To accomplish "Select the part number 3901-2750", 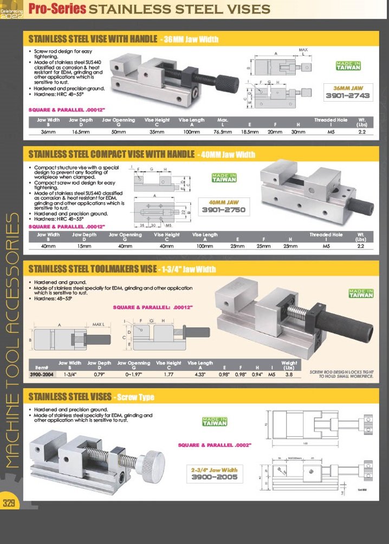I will click(224, 209).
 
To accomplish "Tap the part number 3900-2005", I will click(214, 477).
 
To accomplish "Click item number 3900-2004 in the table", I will click(42, 374).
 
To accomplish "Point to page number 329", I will click(9, 503).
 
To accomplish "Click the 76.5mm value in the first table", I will click(223, 131).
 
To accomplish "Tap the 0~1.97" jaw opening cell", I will click(133, 374).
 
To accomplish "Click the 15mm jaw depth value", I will click(84, 246).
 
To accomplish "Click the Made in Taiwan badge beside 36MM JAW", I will click(348, 65).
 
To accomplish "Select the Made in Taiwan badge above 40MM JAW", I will click(224, 177).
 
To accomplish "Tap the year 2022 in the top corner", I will click(11, 16).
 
